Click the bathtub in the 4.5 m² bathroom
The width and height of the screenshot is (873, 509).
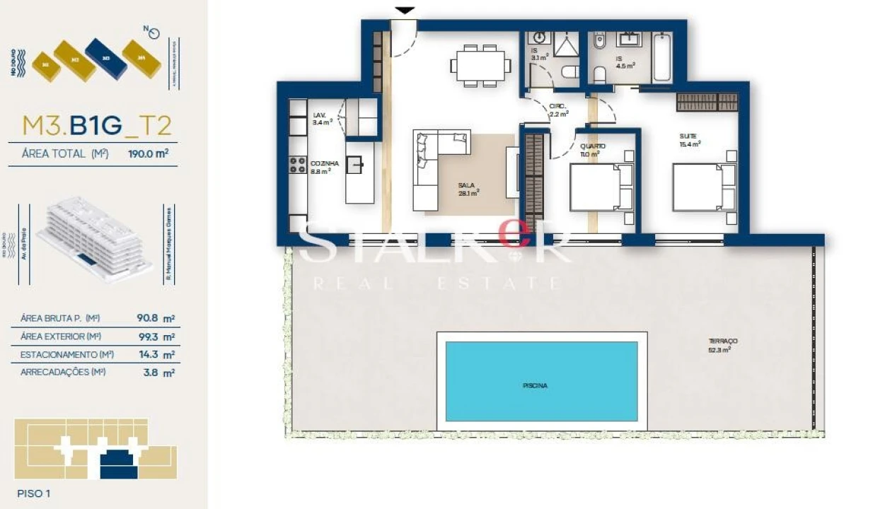[x=662, y=57]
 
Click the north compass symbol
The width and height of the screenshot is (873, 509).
[x=154, y=32]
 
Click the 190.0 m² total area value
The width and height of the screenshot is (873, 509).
[x=148, y=153]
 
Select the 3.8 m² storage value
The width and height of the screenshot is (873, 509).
[x=158, y=371]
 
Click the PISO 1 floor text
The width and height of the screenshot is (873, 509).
[x=33, y=493]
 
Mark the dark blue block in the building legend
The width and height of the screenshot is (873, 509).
[x=106, y=58]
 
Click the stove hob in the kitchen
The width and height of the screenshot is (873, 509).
[x=296, y=165]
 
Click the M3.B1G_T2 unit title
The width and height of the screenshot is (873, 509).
[x=97, y=125]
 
